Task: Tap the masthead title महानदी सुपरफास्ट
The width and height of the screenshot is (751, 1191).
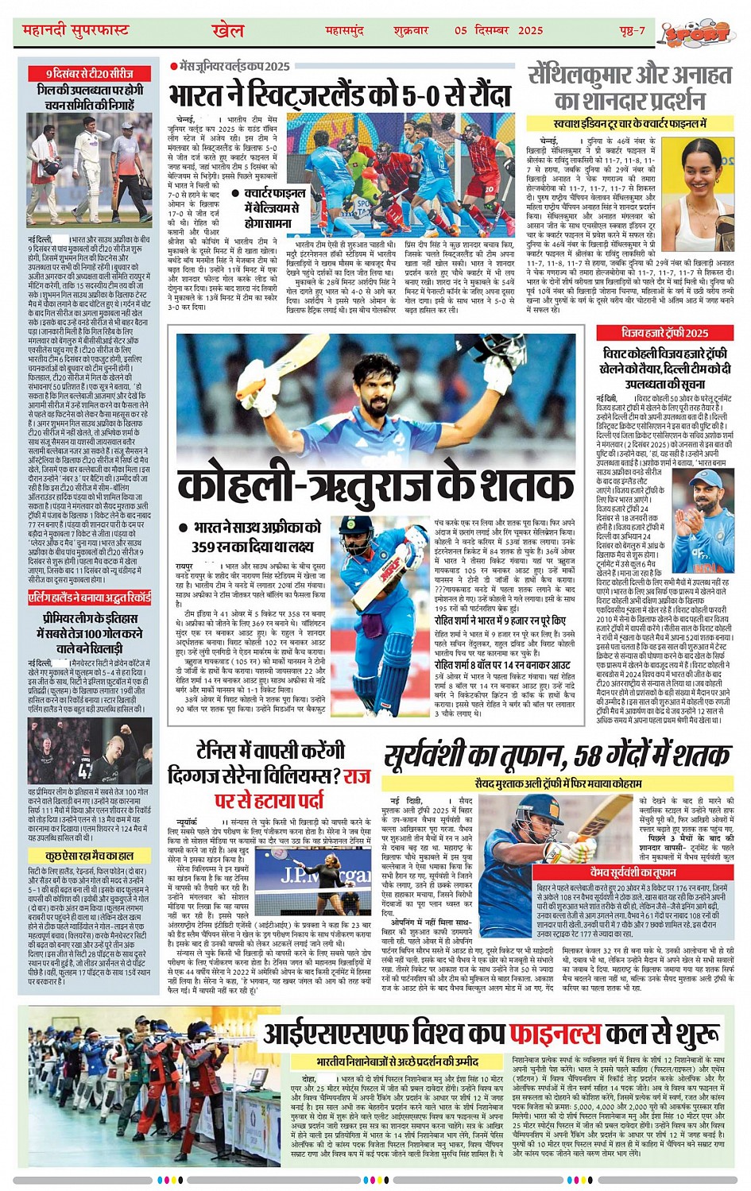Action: click(75, 31)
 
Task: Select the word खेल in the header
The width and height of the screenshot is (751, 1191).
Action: click(227, 31)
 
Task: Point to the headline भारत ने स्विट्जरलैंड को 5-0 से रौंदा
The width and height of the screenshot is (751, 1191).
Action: click(339, 96)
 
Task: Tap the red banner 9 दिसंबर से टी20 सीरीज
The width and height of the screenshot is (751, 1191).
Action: click(89, 73)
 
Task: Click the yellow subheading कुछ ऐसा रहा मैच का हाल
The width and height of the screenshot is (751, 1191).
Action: click(89, 856)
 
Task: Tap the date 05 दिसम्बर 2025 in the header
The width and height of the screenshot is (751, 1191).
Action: click(498, 31)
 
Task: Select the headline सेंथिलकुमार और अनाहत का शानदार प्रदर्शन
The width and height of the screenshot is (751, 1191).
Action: click(630, 88)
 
